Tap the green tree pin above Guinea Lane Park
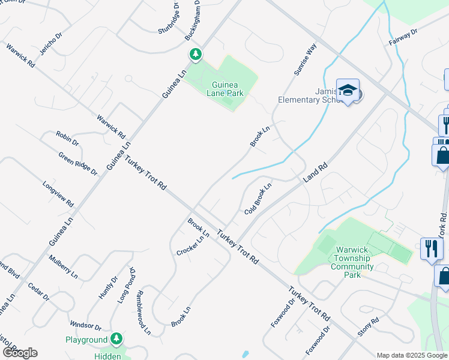tap(195, 55)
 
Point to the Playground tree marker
tap(116, 340)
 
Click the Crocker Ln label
tap(191, 245)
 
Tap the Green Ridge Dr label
tap(78, 163)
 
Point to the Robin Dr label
tap(67, 139)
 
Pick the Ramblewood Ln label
tap(143, 312)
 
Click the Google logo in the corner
tap(20, 352)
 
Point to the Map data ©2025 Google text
tap(412, 355)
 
